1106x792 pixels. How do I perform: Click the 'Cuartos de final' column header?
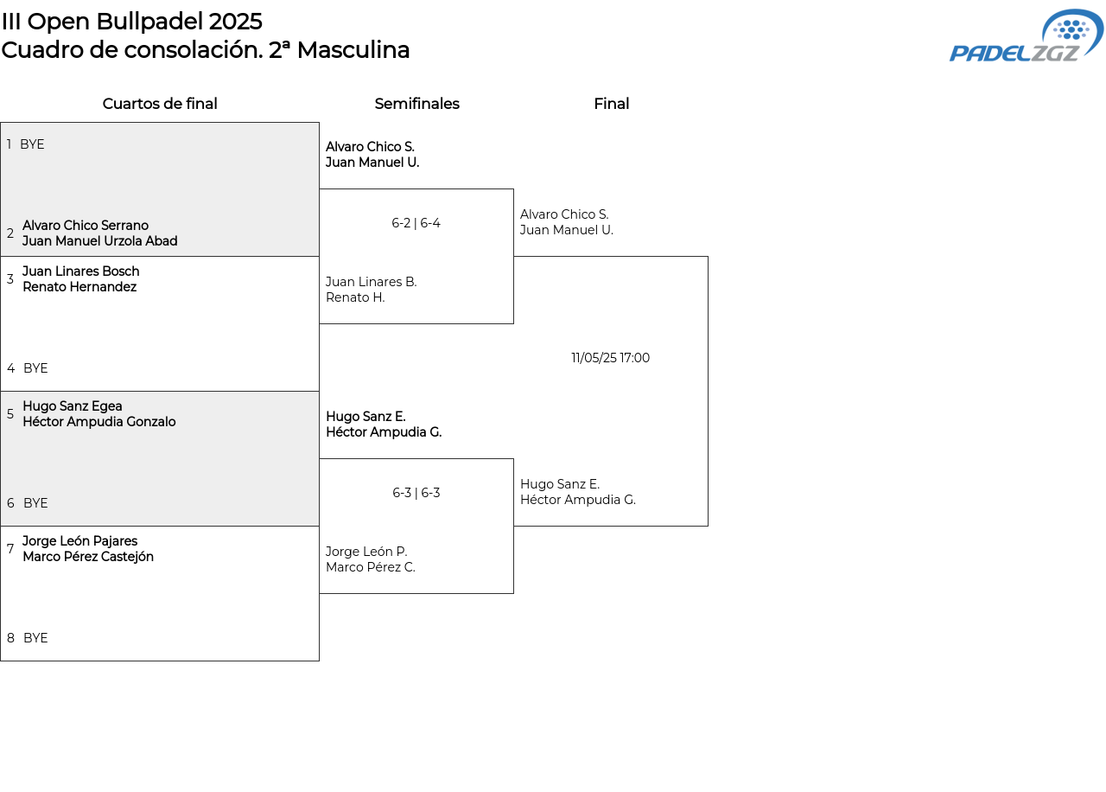click(160, 104)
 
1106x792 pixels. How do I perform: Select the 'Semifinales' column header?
click(416, 104)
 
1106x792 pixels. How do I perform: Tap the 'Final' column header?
click(611, 104)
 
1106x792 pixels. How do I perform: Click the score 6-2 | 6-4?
click(416, 223)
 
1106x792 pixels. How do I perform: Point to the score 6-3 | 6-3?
click(416, 493)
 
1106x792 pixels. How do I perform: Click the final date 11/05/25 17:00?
click(610, 358)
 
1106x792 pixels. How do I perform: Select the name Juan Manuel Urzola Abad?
click(99, 241)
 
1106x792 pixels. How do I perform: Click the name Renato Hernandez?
click(79, 287)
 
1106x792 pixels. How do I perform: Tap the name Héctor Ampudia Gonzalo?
click(99, 422)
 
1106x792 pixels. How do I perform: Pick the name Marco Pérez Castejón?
click(88, 557)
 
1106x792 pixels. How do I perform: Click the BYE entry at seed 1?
click(32, 144)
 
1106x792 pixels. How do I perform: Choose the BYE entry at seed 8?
click(35, 638)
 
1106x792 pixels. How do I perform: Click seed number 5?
click(10, 414)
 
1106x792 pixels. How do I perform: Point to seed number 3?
click(10, 279)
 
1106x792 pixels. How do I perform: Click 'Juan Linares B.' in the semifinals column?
click(372, 282)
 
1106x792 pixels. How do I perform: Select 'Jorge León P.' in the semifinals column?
click(366, 552)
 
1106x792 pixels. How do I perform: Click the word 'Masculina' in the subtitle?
click(353, 50)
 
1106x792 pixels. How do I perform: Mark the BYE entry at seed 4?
click(35, 368)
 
